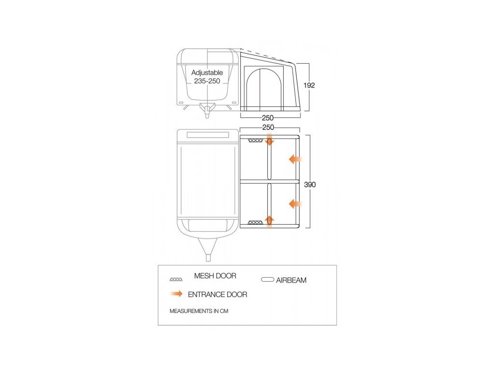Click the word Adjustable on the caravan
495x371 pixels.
tap(207, 72)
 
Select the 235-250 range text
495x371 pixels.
tap(207, 81)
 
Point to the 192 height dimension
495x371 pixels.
tap(309, 85)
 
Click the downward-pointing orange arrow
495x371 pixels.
tap(270, 141)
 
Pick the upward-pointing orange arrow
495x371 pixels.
tap(270, 221)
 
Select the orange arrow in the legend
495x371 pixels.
tap(176, 294)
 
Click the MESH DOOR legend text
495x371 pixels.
tap(215, 276)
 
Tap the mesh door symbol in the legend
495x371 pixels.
tap(176, 280)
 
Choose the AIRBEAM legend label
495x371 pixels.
tap(291, 280)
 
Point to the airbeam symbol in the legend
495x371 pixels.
tap(267, 280)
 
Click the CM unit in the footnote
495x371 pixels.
tap(224, 311)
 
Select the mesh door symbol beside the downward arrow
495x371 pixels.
tap(256, 141)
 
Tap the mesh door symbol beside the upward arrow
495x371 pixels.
tap(256, 222)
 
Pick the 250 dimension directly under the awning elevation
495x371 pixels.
tap(268, 118)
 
